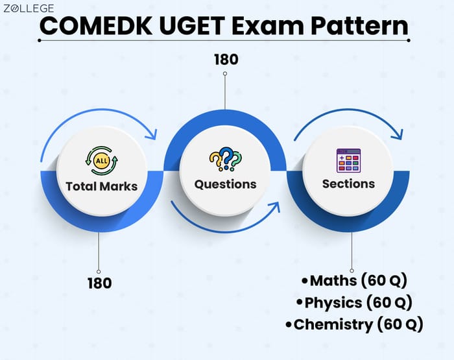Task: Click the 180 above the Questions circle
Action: (226, 59)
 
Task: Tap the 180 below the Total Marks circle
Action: (99, 283)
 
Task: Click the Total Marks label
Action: (102, 186)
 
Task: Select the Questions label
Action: (225, 184)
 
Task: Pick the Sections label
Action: (348, 184)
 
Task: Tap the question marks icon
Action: (225, 159)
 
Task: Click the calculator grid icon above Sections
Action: (348, 160)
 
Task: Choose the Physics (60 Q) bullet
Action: (354, 302)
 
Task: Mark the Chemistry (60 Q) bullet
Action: (358, 324)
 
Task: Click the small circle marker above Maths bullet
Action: (352, 270)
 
